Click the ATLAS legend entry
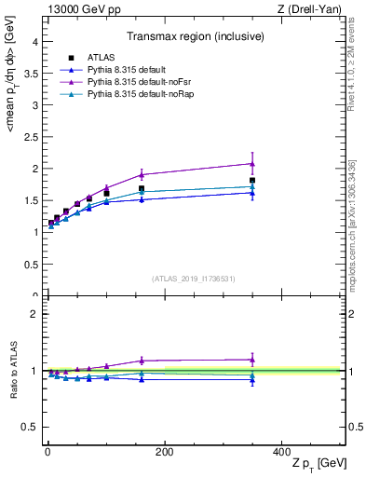click(102, 59)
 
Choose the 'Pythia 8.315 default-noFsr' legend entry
click(132, 83)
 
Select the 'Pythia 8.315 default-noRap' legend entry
click(134, 95)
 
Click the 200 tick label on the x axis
click(164, 452)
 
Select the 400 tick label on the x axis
click(281, 452)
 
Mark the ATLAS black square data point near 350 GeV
click(252, 181)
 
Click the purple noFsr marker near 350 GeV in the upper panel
click(252, 164)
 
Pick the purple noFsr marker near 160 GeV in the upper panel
click(142, 175)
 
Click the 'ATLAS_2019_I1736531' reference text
click(194, 279)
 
